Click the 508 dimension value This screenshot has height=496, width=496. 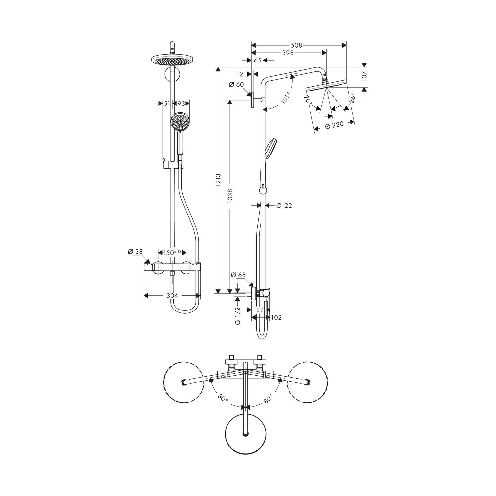point(296,46)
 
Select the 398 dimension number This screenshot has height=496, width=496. point(288,53)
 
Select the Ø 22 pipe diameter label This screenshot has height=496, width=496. point(284,206)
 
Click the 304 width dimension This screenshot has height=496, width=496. point(172,296)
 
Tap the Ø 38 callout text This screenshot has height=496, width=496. point(135,252)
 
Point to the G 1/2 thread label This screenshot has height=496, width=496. point(238,316)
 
